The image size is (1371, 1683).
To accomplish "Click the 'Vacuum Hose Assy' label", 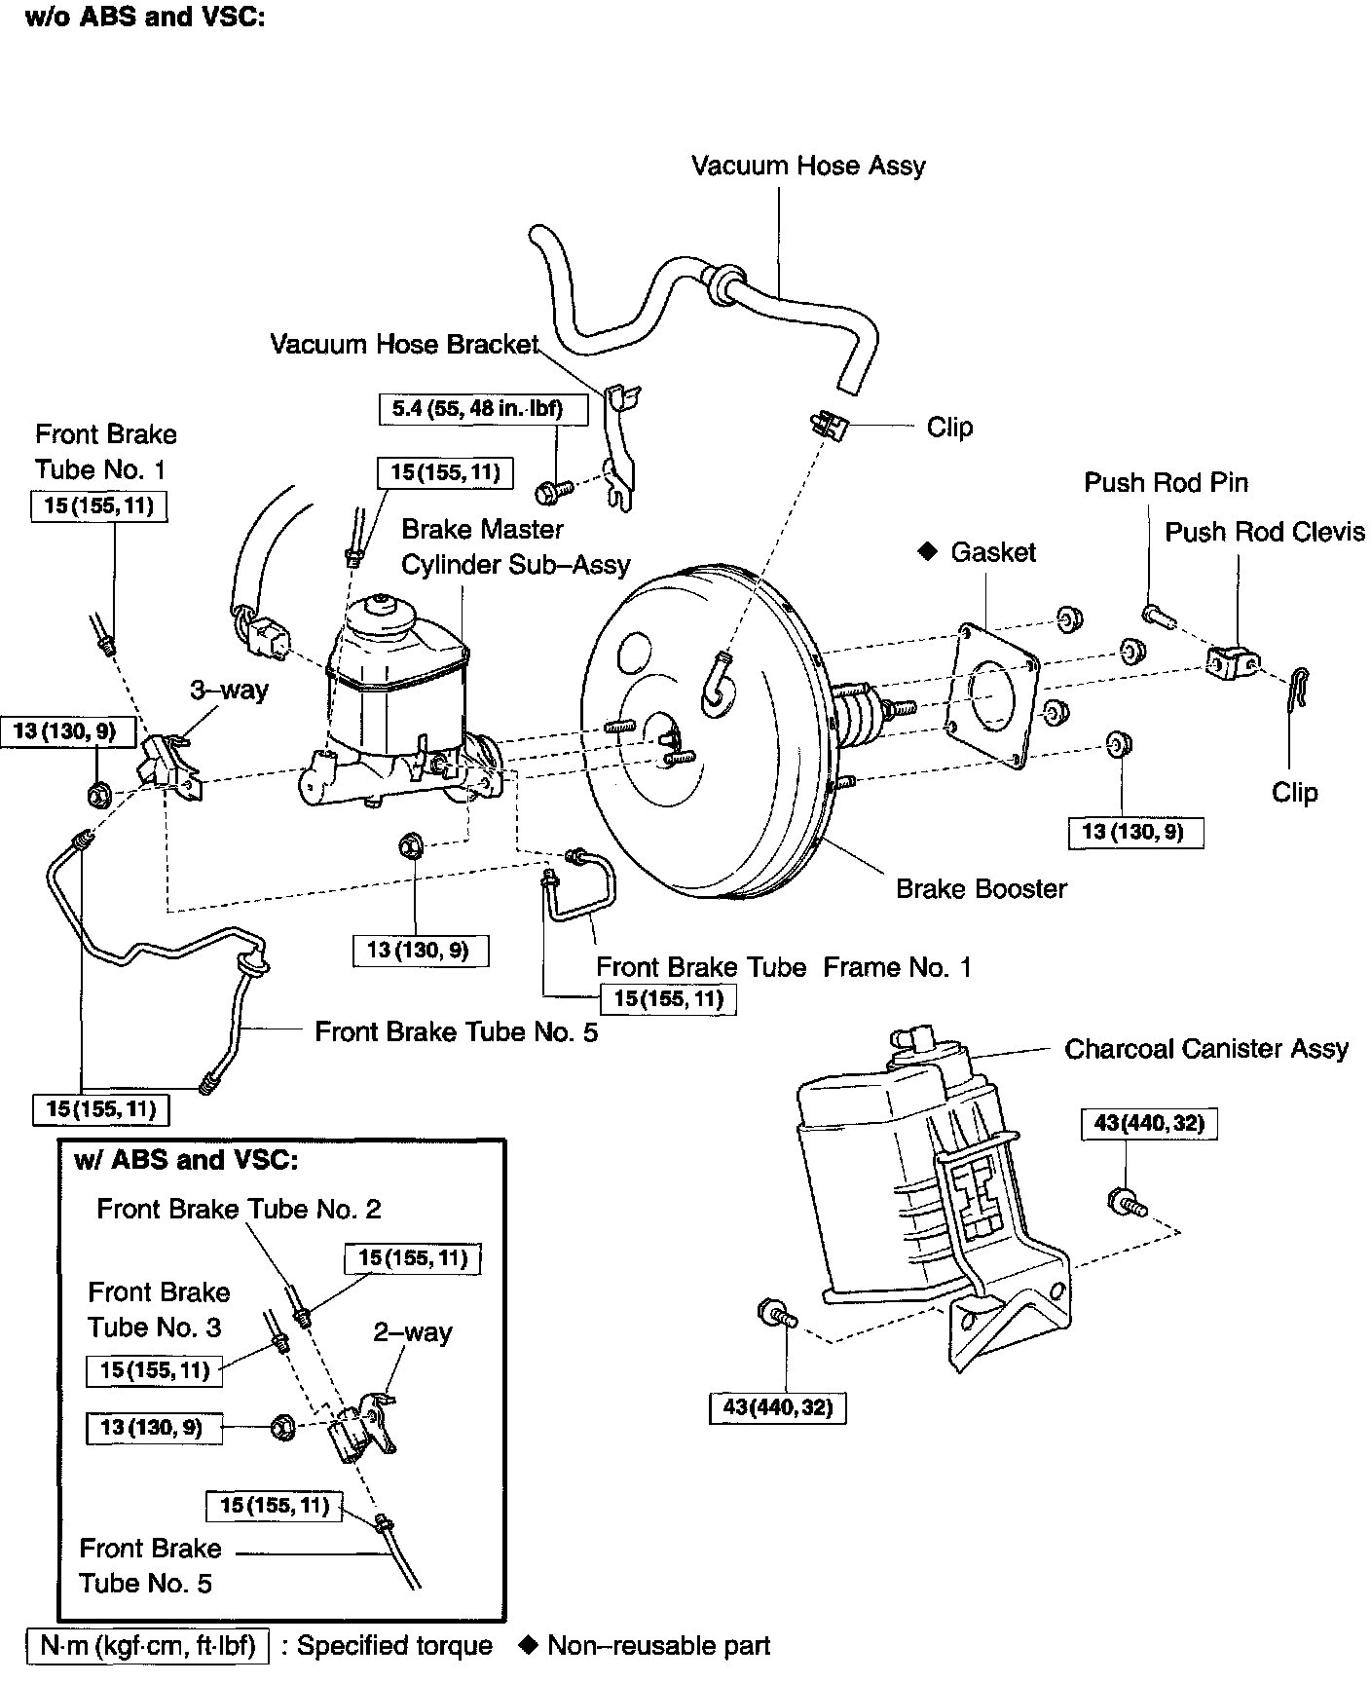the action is click(808, 167).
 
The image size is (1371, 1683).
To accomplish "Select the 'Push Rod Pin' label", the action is click(1166, 483).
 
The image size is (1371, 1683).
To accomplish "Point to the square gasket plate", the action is click(993, 694).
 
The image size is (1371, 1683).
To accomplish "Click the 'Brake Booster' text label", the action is click(982, 889).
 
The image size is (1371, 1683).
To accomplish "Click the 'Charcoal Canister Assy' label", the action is click(1206, 1049).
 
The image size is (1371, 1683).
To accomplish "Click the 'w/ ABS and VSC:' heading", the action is click(186, 1160).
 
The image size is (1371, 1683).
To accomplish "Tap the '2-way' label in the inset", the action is click(413, 1332).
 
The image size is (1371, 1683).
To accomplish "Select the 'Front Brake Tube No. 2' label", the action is click(240, 1210).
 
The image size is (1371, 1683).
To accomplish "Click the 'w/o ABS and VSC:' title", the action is click(145, 17).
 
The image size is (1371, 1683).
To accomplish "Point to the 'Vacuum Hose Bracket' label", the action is click(404, 345).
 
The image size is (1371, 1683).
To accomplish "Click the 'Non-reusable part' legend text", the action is click(659, 1646).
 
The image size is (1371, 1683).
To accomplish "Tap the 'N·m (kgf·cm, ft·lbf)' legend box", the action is click(149, 1646).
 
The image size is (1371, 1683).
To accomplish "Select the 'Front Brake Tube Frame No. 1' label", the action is click(784, 968).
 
